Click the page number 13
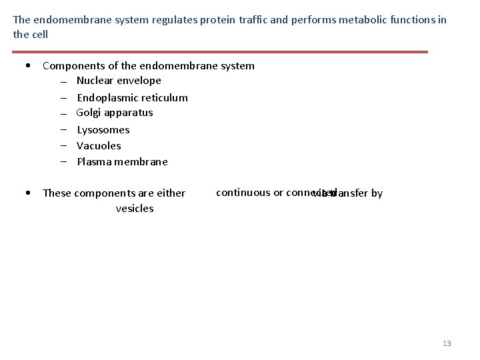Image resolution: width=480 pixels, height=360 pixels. point(447,343)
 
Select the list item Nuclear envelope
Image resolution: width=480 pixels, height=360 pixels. point(119,81)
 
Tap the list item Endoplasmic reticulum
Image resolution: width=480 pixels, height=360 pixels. point(132,97)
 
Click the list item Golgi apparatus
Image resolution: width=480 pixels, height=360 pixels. point(115,113)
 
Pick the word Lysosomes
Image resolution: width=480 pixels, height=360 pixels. point(103,130)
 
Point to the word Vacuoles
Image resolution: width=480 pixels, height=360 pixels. point(99,145)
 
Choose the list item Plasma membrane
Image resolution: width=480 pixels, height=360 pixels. point(122,161)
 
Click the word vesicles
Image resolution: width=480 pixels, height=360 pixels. point(135,209)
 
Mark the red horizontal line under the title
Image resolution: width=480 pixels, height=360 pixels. point(220,51)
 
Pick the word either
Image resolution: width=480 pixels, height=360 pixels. point(171,193)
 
